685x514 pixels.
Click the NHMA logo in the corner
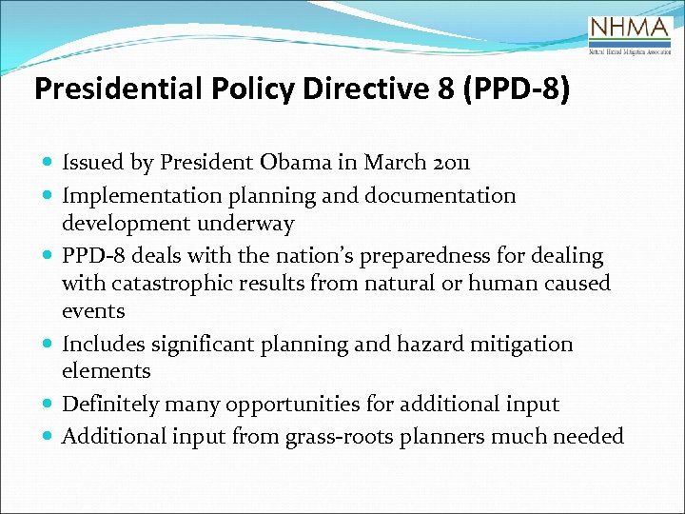coord(630,36)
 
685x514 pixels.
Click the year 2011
coord(451,163)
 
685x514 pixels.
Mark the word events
coord(93,311)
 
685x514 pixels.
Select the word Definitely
coord(110,405)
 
